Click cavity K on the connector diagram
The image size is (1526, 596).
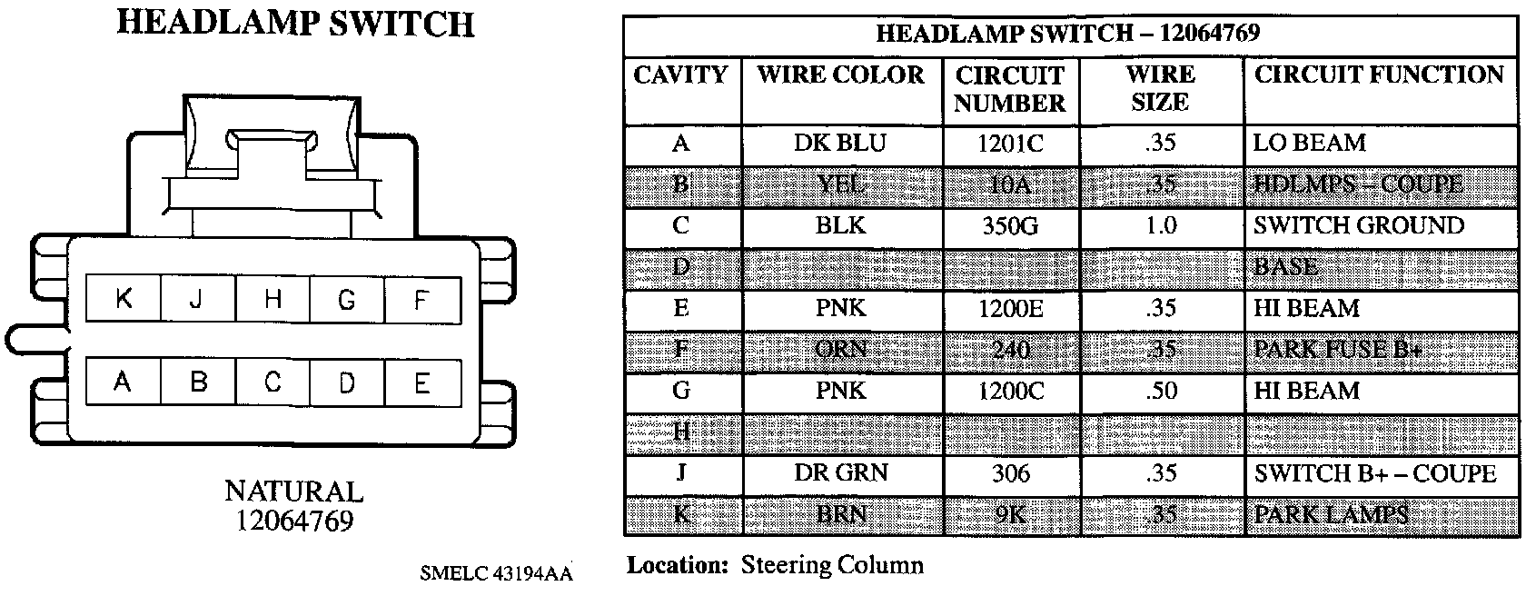point(124,299)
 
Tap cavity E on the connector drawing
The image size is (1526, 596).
point(421,383)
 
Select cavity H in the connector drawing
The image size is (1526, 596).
point(272,299)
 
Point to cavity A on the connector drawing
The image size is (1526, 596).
point(123,383)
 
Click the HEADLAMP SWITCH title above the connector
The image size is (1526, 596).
point(295,24)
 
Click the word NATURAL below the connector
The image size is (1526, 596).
point(293,492)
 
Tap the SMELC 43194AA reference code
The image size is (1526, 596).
point(497,574)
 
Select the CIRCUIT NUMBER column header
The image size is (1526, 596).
point(1010,89)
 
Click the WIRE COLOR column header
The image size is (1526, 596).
point(841,74)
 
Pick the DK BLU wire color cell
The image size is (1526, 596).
point(840,144)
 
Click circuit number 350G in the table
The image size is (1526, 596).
point(1010,225)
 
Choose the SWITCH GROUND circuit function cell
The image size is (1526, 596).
point(1359,225)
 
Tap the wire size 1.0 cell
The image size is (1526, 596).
point(1160,225)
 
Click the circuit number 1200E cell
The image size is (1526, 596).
point(1010,308)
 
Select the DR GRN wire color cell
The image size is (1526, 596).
point(840,473)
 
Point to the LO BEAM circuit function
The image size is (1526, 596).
point(1310,144)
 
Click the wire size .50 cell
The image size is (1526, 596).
point(1160,391)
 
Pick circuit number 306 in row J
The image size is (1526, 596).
point(1010,473)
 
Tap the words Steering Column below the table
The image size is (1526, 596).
point(832,565)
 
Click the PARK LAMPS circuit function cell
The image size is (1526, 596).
point(1332,515)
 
